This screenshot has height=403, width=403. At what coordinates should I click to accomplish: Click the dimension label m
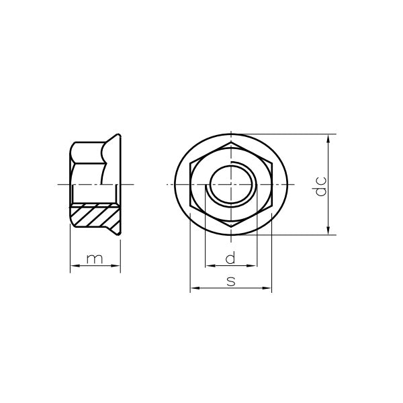95,259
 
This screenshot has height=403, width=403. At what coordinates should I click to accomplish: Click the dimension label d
230,258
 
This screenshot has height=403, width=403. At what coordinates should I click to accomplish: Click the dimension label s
231,281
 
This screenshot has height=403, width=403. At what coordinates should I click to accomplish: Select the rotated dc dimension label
321,186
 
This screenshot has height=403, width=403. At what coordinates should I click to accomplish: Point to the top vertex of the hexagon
231,141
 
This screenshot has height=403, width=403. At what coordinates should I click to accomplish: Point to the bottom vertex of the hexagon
231,227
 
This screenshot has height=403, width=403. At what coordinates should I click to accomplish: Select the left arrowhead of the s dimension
195,288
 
